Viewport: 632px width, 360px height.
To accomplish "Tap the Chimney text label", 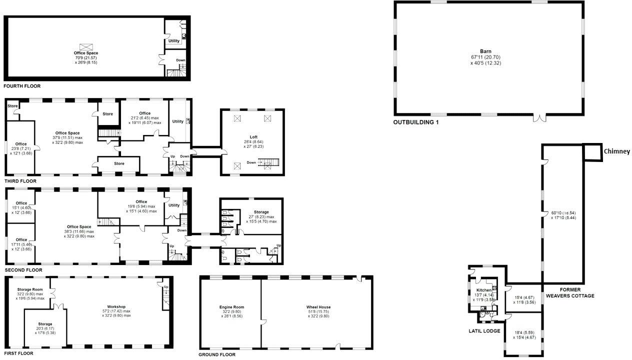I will click(616, 151).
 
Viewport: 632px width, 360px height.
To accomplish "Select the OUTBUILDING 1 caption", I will click(415, 122).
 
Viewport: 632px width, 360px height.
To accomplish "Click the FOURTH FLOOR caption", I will click(21, 86).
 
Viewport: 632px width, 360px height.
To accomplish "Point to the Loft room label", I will click(253, 136).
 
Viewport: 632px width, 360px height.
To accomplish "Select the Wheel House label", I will click(318, 307).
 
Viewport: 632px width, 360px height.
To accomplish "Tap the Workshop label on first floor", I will click(116, 306).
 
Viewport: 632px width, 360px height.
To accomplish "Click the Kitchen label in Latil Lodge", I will click(483, 290).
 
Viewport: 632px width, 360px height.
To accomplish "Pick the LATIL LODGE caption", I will click(484, 331).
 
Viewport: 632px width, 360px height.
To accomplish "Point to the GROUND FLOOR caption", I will click(217, 354).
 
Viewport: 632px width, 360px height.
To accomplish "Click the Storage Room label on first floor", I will click(30, 289).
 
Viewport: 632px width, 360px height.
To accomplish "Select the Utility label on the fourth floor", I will click(173, 41).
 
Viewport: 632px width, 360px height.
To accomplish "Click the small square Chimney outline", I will click(593, 152).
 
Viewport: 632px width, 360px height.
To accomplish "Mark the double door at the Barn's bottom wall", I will click(538, 117).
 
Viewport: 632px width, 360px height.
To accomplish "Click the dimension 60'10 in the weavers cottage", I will click(557, 212).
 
